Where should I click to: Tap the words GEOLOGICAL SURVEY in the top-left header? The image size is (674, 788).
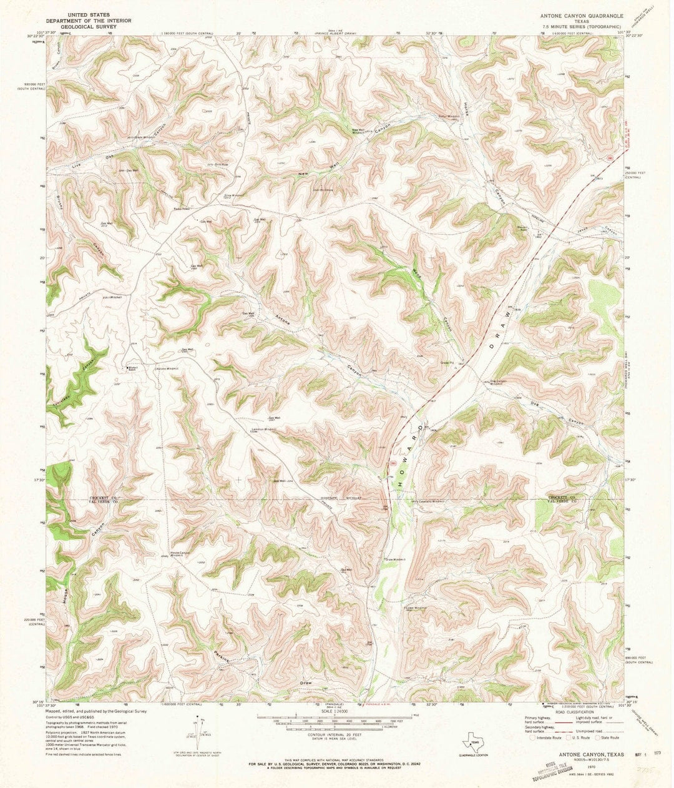click(81, 27)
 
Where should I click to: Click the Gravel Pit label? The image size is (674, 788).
click(447, 362)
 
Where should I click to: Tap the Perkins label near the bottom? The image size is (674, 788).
click(221, 657)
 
